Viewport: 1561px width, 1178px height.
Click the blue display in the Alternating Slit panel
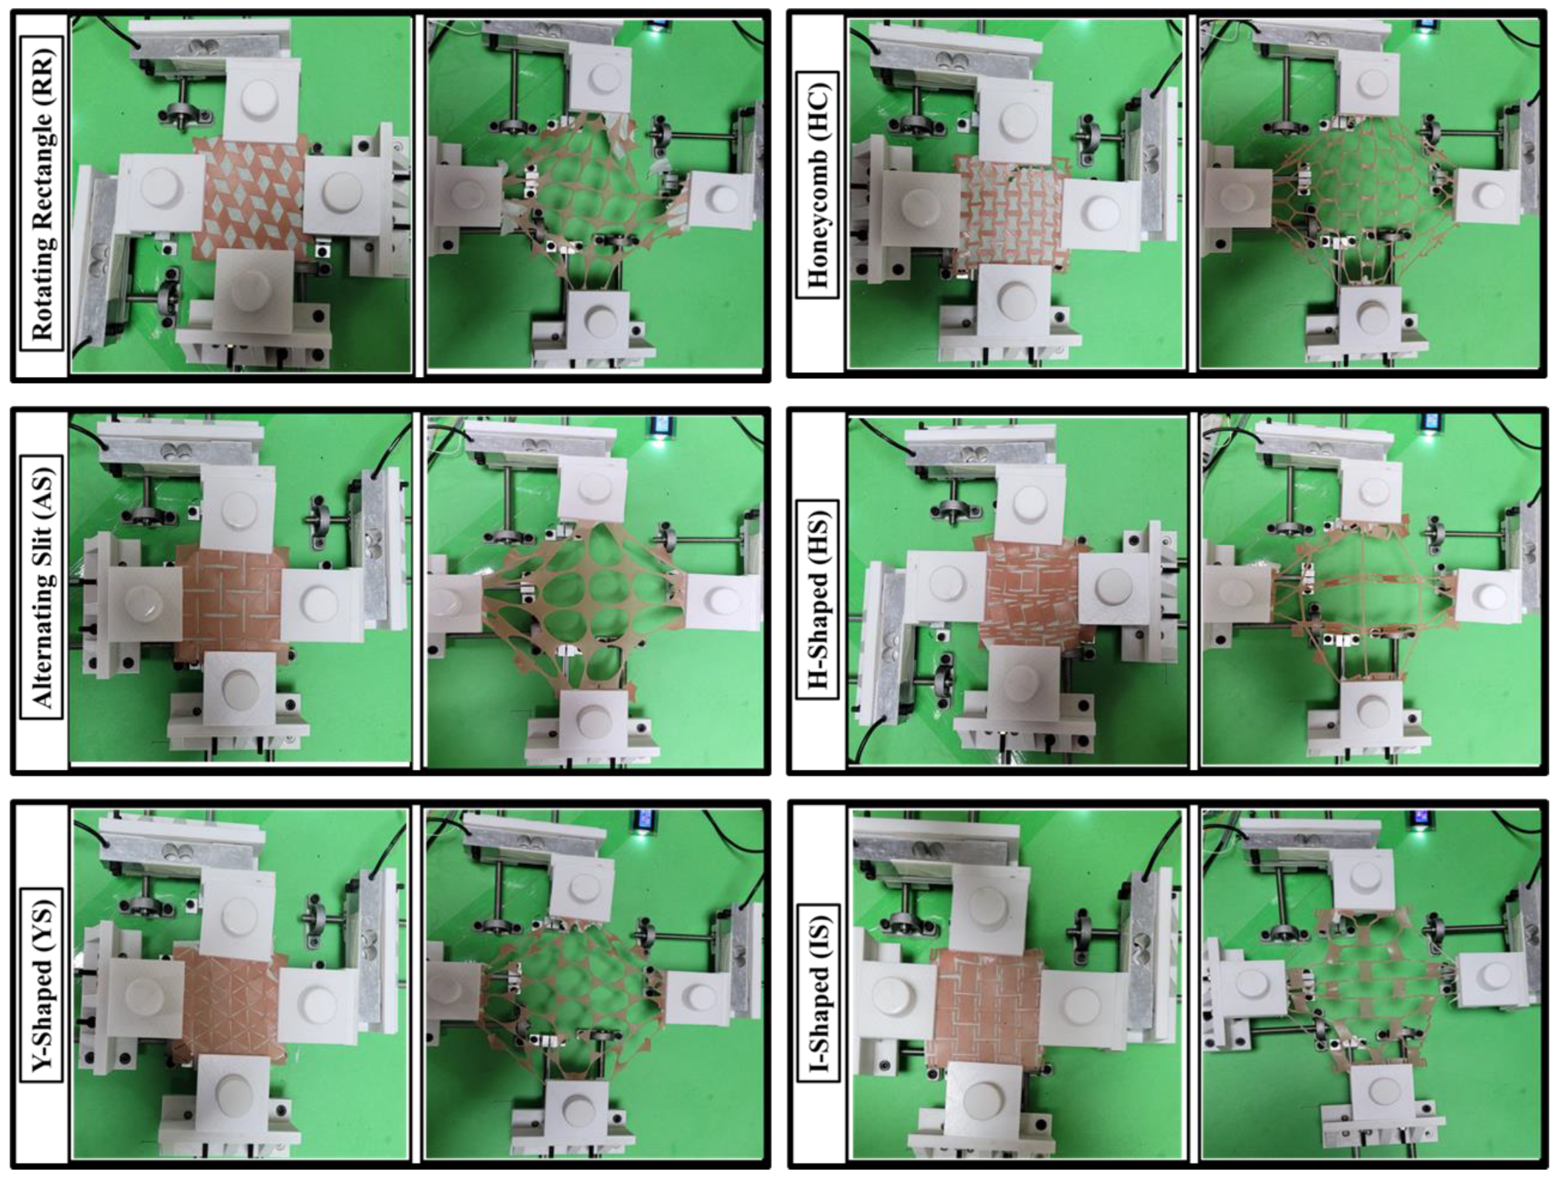(x=662, y=425)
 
